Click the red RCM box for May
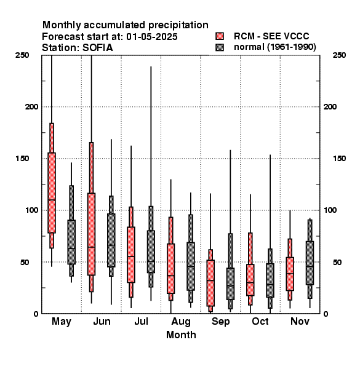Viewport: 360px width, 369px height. [x=52, y=192]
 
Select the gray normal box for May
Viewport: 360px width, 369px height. [x=71, y=242]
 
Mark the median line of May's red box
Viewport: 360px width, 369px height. [x=52, y=200]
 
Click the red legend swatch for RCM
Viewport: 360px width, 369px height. [x=220, y=36]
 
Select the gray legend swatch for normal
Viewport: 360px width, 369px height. [x=220, y=47]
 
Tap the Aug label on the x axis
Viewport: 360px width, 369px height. [x=181, y=322]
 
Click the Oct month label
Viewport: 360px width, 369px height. [x=260, y=321]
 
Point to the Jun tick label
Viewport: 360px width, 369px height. [x=102, y=321]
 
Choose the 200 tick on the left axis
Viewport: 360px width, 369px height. [x=31, y=106]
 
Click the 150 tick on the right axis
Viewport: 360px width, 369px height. [x=340, y=159]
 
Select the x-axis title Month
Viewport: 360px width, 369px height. [x=181, y=335]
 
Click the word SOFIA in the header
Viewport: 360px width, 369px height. [x=98, y=47]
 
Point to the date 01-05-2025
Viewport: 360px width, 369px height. [x=152, y=36]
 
